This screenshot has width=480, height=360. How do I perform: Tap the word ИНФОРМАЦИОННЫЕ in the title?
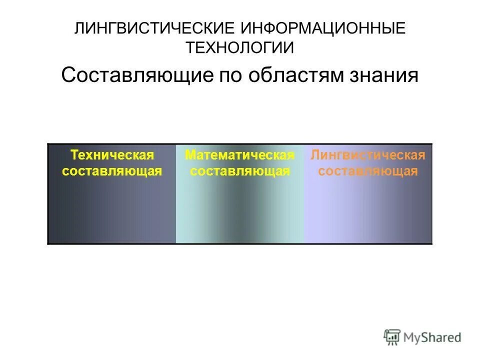pos(323,28)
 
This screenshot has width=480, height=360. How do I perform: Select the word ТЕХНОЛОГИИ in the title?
pos(239,48)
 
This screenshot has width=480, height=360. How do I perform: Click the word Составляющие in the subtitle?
pos(136,75)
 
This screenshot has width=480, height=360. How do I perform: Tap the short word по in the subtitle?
pos(229,75)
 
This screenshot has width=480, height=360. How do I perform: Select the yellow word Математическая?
pos(239,155)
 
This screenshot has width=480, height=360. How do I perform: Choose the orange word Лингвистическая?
pos(367,155)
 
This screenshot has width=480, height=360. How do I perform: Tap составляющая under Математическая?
pos(239,171)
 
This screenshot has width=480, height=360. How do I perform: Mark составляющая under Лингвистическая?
pos(367,171)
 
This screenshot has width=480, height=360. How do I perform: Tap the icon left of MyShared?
pos(392,337)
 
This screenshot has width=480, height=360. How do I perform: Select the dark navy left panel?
pos(111,210)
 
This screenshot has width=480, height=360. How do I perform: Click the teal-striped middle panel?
pos(239,210)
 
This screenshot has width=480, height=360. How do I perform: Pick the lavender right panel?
pos(367,210)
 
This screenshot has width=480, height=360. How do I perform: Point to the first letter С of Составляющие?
pos(68,75)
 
